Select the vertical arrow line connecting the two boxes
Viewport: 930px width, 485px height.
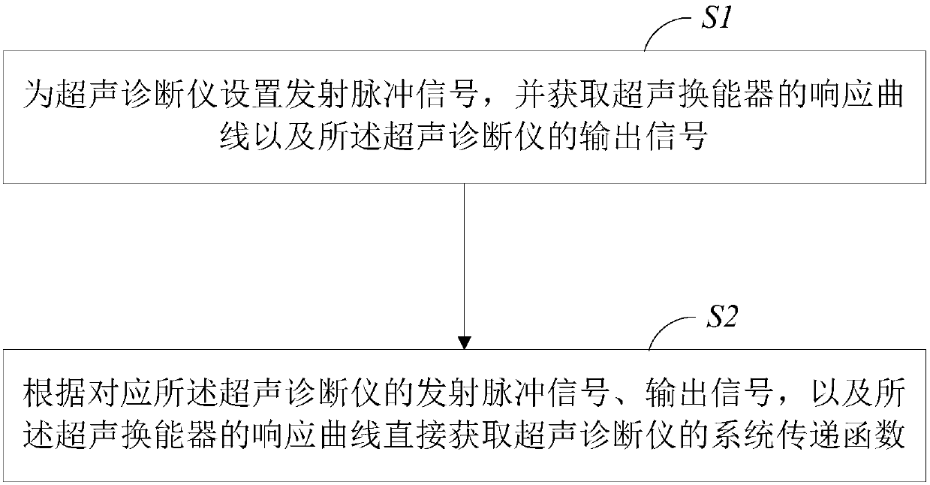(465, 263)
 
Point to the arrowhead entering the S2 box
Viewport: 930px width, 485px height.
(465, 343)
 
